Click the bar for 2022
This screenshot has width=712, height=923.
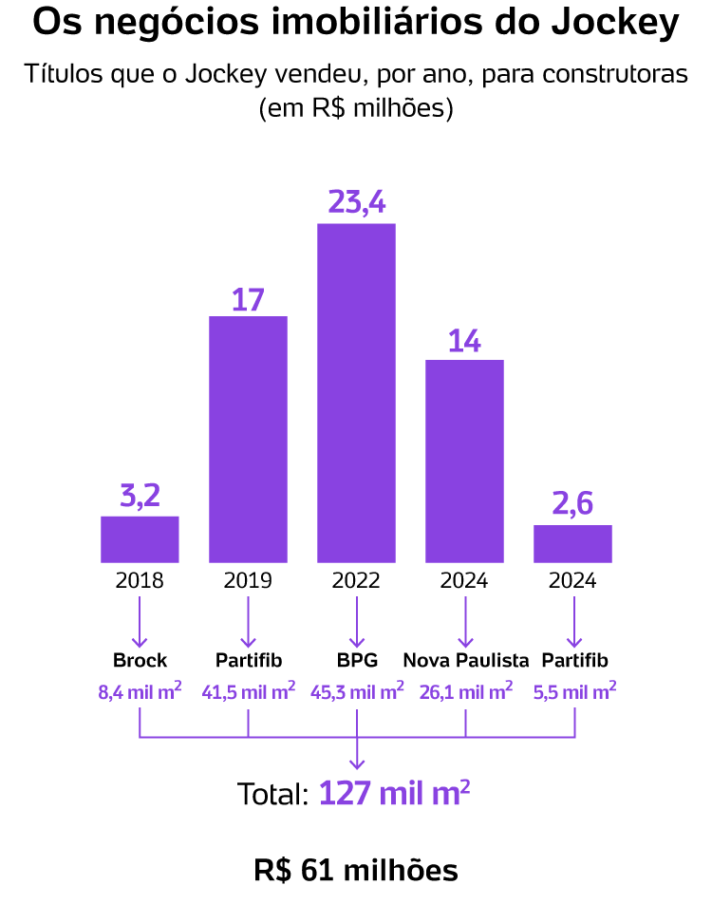click(356, 392)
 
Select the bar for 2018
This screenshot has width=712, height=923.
click(140, 538)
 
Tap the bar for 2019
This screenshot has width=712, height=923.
click(248, 439)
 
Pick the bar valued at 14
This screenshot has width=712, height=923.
click(464, 461)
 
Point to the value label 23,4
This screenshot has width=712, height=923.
click(356, 202)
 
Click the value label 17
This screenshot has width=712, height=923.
click(248, 299)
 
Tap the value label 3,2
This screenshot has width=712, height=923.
click(140, 497)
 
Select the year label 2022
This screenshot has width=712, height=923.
click(356, 580)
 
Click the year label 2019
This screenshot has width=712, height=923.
click(248, 580)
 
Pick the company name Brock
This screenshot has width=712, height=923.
click(140, 660)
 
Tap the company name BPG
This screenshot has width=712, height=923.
click(357, 660)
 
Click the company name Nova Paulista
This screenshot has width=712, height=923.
click(465, 660)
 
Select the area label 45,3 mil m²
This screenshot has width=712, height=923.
click(357, 690)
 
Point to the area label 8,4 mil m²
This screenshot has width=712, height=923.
click(140, 690)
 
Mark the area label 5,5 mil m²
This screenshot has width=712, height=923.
click(573, 690)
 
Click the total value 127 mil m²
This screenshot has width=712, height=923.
click(394, 793)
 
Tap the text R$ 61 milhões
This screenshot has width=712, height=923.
click(356, 870)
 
